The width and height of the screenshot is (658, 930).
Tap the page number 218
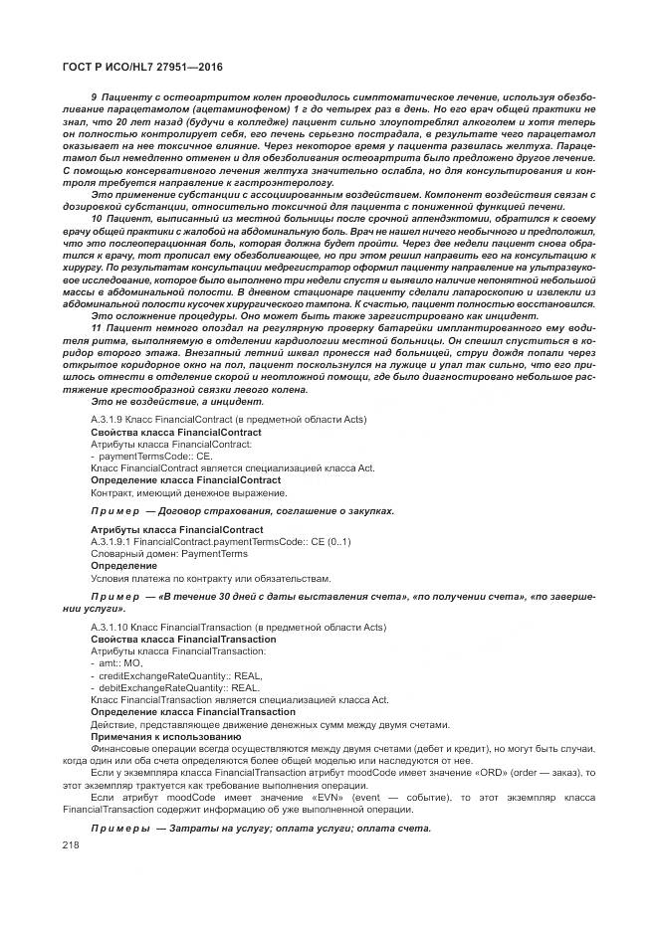pyautogui.click(x=71, y=843)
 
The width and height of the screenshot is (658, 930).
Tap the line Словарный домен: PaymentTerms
pyautogui.click(x=169, y=553)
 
